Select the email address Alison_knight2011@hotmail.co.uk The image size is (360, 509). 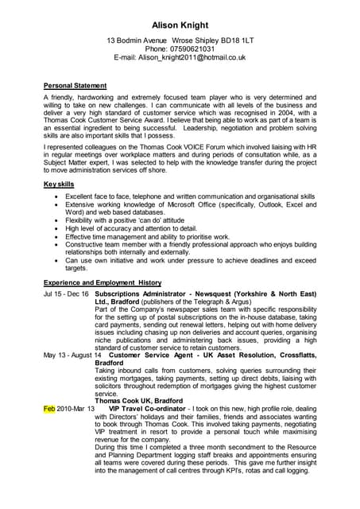point(192,57)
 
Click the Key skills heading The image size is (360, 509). point(59,185)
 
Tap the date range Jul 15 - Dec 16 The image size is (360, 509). point(66,293)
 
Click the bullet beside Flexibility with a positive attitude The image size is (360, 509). point(55,220)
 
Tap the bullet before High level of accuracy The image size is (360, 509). point(55,228)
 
